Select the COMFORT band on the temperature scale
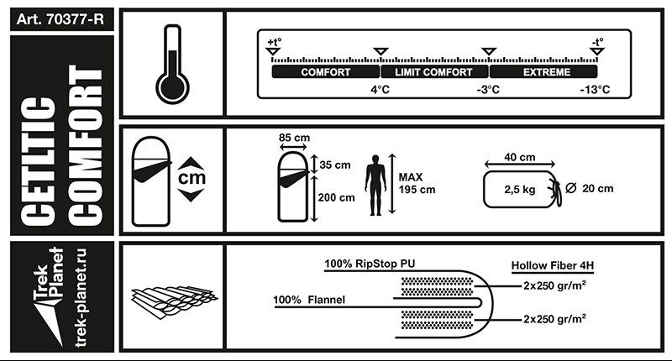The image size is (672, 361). [x=326, y=73]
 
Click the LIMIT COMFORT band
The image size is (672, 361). [x=434, y=73]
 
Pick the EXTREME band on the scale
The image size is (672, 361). [x=547, y=73]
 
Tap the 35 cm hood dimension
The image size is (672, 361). [x=335, y=165]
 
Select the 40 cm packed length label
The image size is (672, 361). [x=519, y=158]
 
